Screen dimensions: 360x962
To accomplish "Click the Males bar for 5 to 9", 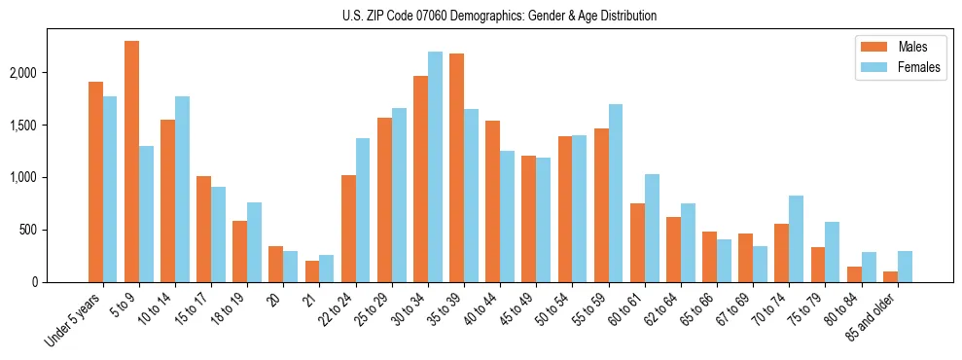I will pos(131,162).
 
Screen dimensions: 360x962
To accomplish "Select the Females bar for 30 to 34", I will pos(435,166).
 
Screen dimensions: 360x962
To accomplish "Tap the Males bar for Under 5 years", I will pos(95,182).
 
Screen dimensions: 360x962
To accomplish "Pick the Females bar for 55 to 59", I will pos(615,193).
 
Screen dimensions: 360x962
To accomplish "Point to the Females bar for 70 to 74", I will pos(796,238).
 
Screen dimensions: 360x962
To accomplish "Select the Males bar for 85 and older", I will pos(889,276).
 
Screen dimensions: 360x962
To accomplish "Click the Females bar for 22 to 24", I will pos(363,210).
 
